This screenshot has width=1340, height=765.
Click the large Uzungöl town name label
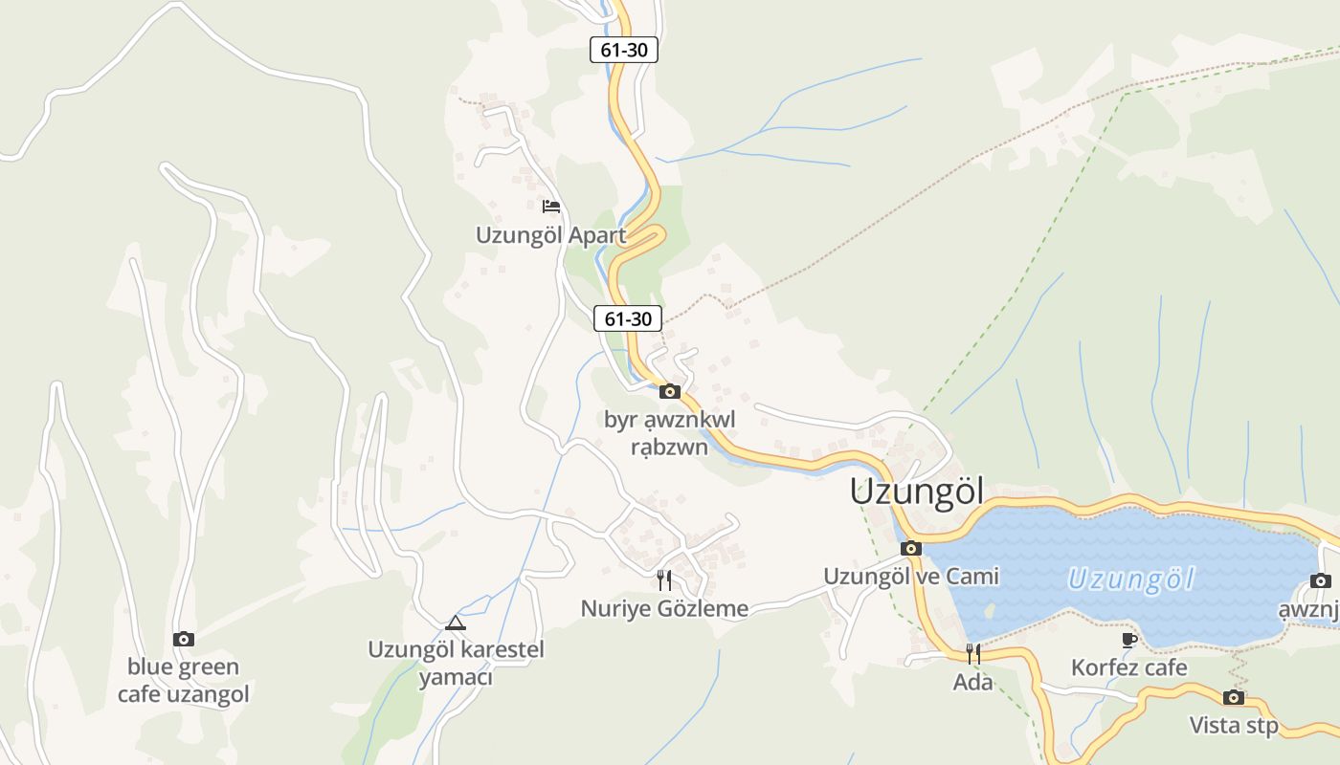click(917, 492)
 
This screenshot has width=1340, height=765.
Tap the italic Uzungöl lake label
click(1131, 579)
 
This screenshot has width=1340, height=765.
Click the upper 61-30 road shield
click(624, 50)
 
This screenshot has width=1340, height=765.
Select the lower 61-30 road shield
click(628, 318)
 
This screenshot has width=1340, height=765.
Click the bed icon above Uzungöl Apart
click(550, 207)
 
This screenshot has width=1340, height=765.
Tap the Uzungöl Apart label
click(551, 235)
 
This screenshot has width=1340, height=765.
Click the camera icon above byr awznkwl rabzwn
click(670, 391)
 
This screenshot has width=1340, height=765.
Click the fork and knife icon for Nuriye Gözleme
click(664, 579)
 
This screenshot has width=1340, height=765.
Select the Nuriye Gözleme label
click(664, 608)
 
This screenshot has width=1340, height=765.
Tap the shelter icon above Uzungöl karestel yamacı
click(456, 623)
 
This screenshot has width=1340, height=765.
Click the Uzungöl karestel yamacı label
click(456, 664)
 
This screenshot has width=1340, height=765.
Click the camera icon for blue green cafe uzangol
click(184, 639)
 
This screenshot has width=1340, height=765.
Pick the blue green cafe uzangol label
click(184, 680)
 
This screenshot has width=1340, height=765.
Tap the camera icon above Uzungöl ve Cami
click(911, 549)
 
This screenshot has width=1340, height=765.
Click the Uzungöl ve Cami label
click(911, 577)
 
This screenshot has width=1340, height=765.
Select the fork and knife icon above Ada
click(973, 654)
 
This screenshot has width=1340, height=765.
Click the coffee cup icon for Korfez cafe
click(1129, 640)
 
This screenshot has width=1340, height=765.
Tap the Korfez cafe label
click(1129, 667)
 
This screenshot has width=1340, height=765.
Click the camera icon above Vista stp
click(1234, 697)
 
